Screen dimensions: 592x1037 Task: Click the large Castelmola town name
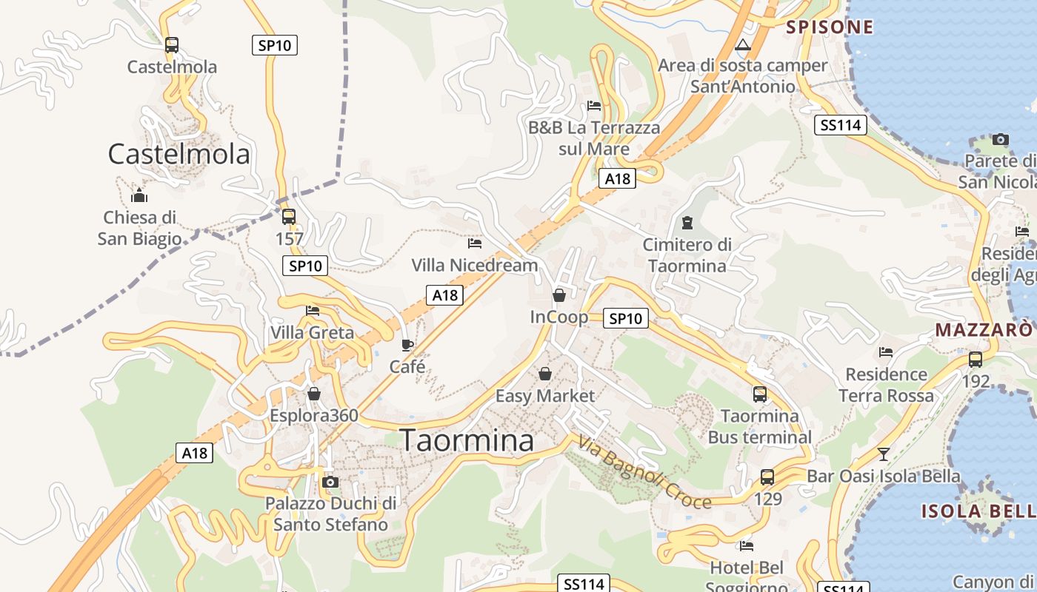pyautogui.click(x=179, y=154)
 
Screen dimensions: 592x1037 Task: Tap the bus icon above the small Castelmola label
pyautogui.click(x=172, y=45)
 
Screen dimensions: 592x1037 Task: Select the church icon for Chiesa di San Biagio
pyautogui.click(x=139, y=196)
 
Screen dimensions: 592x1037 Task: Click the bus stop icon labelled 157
pyautogui.click(x=289, y=217)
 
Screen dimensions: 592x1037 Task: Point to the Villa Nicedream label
pyautogui.click(x=475, y=265)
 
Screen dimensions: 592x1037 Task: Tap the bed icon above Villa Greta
pyautogui.click(x=313, y=311)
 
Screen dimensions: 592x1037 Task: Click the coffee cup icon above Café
pyautogui.click(x=407, y=345)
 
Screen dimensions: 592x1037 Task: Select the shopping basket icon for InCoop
pyautogui.click(x=559, y=296)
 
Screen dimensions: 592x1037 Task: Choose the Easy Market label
pyautogui.click(x=545, y=396)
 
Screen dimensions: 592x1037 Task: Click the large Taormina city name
pyautogui.click(x=467, y=440)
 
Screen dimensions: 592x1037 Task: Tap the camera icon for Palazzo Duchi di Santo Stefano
pyautogui.click(x=330, y=482)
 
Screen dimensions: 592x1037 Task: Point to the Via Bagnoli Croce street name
pyautogui.click(x=644, y=474)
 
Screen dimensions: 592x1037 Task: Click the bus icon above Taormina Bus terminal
pyautogui.click(x=760, y=394)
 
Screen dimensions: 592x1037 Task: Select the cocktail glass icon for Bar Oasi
pyautogui.click(x=883, y=454)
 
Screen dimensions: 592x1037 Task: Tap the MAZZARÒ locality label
pyautogui.click(x=984, y=329)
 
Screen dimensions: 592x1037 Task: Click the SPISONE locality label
pyautogui.click(x=830, y=28)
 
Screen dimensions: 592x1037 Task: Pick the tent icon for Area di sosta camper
pyautogui.click(x=743, y=45)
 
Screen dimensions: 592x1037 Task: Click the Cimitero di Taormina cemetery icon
pyautogui.click(x=687, y=223)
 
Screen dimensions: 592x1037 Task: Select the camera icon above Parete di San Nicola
pyautogui.click(x=1001, y=139)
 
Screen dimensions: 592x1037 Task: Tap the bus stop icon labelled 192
pyautogui.click(x=976, y=360)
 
